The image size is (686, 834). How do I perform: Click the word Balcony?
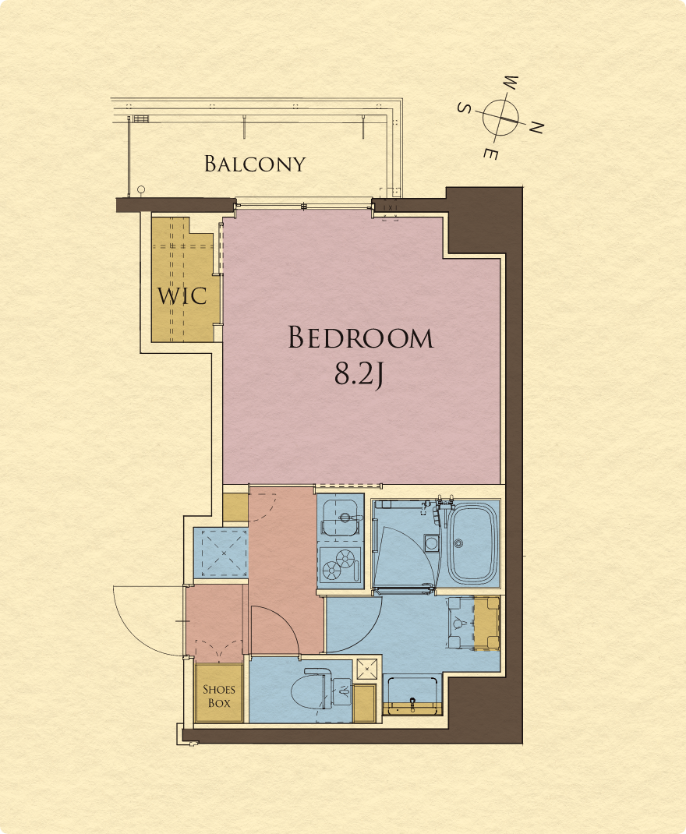255,164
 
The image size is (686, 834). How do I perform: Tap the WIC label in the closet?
182,296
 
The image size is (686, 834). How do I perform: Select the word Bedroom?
361,337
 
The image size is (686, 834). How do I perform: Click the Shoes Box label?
219,696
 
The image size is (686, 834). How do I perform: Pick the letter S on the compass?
465,108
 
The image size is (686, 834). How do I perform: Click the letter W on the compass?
511,83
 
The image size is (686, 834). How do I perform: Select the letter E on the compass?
491,154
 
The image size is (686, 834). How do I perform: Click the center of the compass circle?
500,117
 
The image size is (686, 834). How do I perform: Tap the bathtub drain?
458,543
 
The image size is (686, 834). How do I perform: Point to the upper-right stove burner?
345,558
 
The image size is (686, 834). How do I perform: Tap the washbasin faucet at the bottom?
412,704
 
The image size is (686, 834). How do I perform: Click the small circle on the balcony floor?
141,189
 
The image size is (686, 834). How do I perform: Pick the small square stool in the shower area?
431,543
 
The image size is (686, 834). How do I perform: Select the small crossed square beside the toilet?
367,670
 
